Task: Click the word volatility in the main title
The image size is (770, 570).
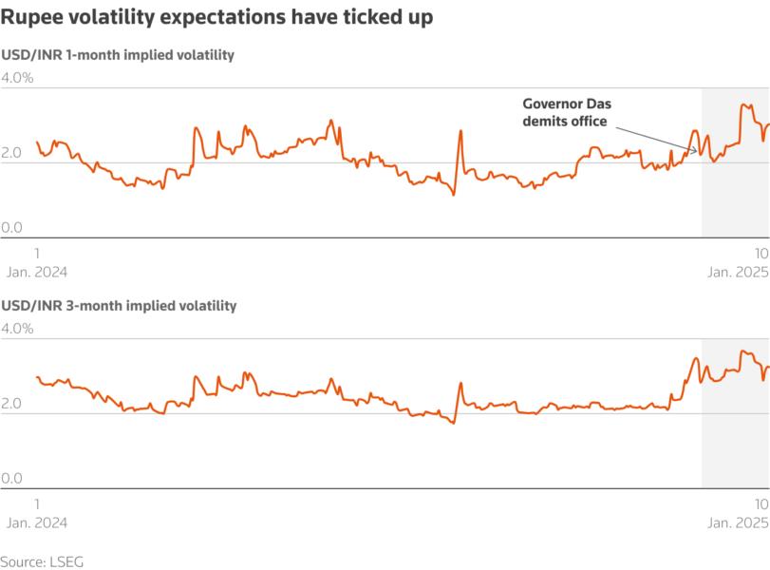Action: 121,18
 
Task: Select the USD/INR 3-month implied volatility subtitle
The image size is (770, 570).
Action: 118,306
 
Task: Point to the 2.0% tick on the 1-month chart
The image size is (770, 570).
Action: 17,153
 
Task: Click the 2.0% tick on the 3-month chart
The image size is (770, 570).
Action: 17,404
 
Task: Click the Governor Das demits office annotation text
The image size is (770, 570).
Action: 564,112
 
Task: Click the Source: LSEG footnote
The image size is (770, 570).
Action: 42,561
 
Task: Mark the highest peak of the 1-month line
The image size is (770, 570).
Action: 742,104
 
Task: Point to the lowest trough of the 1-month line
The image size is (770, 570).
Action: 453,195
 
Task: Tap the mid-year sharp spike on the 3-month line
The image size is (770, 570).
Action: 460,384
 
